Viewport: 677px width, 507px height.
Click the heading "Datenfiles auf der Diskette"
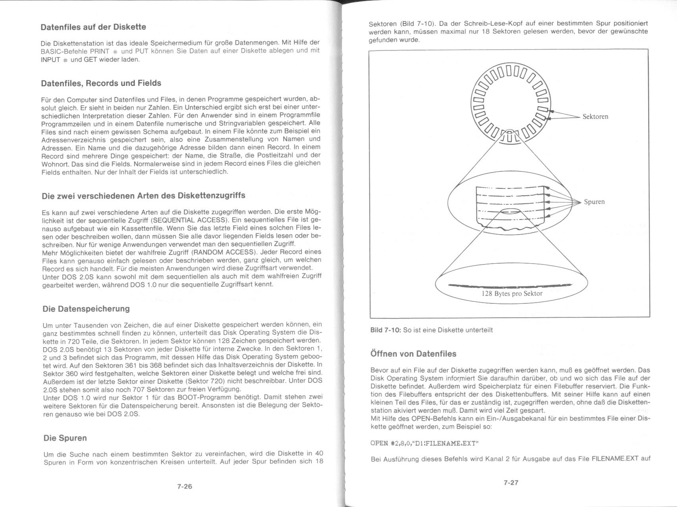93,27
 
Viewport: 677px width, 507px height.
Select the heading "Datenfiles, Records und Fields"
101,83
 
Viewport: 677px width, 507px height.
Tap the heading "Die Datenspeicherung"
86,309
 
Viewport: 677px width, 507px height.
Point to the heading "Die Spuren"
65,438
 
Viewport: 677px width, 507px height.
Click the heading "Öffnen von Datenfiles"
413,354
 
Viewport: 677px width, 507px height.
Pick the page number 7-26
185,486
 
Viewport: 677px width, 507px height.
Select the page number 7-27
511,482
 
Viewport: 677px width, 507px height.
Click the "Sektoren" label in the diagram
595,117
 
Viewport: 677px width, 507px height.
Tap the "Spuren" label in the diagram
594,202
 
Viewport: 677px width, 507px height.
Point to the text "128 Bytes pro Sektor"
512,293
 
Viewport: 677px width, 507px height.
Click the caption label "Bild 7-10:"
385,330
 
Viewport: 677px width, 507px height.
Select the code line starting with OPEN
422,443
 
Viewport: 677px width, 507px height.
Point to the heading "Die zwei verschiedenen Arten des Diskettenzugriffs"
143,196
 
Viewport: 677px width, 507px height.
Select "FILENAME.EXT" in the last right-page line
615,458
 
